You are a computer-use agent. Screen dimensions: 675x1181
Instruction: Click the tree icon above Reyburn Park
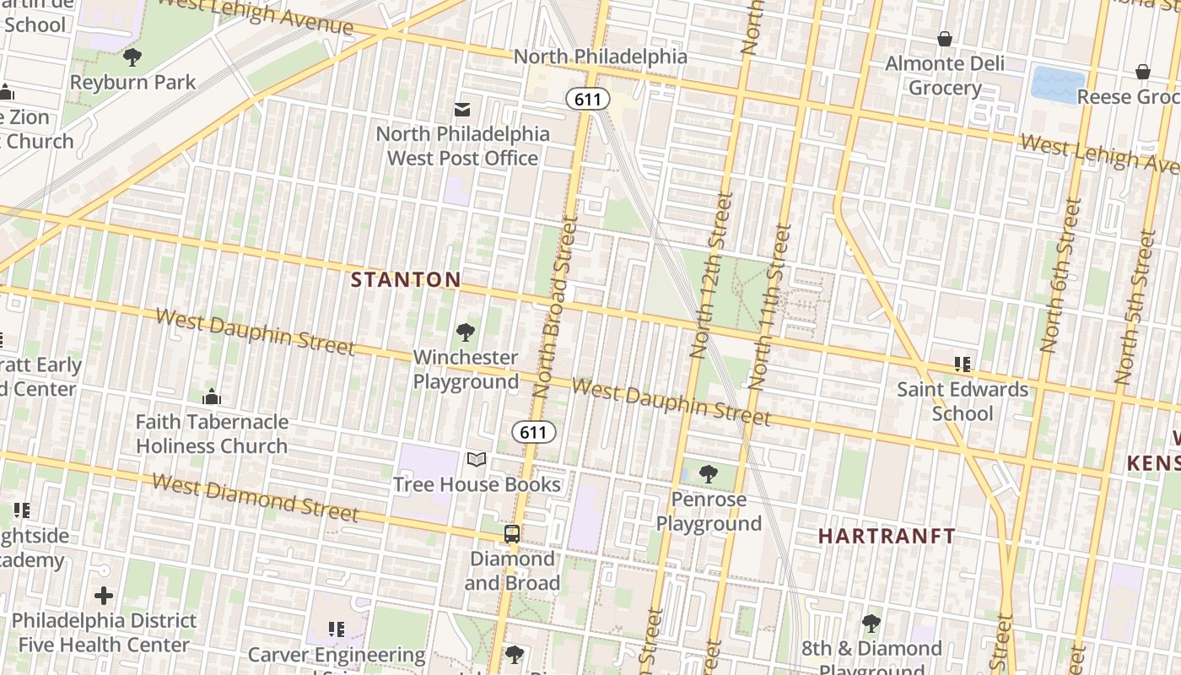tap(132, 57)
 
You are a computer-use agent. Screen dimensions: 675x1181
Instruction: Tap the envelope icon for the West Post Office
tap(462, 110)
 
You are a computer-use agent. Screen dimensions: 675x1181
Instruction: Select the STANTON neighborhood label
tap(406, 279)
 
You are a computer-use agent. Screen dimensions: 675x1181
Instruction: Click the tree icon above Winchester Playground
tap(465, 332)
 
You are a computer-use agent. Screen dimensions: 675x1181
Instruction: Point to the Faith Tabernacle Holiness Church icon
tap(211, 396)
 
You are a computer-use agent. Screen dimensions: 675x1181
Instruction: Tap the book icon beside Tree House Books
tap(477, 459)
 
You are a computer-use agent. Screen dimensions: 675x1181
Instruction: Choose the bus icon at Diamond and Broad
tap(512, 533)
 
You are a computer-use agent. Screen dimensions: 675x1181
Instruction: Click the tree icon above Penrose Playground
tap(709, 474)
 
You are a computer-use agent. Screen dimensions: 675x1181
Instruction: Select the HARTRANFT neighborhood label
tap(887, 536)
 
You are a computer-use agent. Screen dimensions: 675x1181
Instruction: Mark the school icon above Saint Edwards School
tap(963, 364)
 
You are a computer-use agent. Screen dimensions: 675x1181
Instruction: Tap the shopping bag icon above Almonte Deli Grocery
tap(945, 39)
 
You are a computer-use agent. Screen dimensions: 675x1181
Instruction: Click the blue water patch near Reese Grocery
tap(1058, 85)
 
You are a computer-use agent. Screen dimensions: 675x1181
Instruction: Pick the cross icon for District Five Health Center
tap(104, 596)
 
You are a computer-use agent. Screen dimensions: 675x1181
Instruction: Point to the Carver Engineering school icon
tap(337, 629)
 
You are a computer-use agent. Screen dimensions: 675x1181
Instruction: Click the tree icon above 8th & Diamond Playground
tap(871, 624)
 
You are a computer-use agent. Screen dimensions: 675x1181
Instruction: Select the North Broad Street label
tap(554, 307)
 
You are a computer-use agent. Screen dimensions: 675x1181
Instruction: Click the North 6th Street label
tap(1060, 275)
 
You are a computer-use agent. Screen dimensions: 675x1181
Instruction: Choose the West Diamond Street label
tap(256, 497)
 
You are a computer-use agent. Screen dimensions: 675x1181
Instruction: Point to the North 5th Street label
tap(1135, 308)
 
